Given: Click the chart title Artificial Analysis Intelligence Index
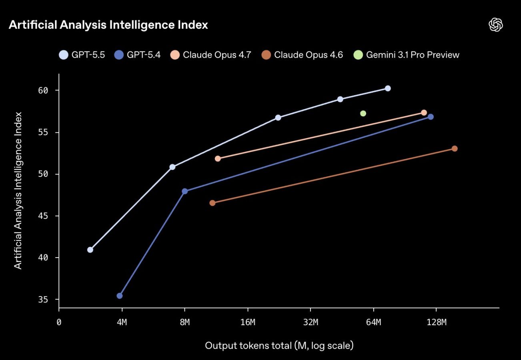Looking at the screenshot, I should pos(108,25).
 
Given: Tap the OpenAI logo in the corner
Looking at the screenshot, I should pos(496,25).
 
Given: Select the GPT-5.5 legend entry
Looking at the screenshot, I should pos(82,55).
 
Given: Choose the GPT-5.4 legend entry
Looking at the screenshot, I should pos(138,55).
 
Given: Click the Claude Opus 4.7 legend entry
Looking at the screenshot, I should pos(210,55).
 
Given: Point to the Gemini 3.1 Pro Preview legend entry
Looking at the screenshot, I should pos(407,55).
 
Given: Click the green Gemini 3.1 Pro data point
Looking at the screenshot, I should pos(363,114).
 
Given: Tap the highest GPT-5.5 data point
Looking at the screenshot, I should pos(387,88).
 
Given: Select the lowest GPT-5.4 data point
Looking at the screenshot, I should pos(119,296).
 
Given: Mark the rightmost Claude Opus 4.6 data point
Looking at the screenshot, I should pos(455,149).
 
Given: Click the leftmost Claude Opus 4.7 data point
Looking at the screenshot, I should pos(218,159).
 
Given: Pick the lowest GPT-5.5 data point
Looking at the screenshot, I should pos(90,250).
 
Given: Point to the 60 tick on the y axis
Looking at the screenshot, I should pos(43,90).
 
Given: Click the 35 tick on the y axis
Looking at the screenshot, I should pos(43,300).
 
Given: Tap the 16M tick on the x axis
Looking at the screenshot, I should pos(248,322).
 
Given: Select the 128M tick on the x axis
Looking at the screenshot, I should pos(436,322).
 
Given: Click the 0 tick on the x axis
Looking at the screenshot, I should pos(59,322).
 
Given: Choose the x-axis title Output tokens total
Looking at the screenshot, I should pos(279,345).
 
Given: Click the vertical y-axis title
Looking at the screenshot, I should pos(18,190).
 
